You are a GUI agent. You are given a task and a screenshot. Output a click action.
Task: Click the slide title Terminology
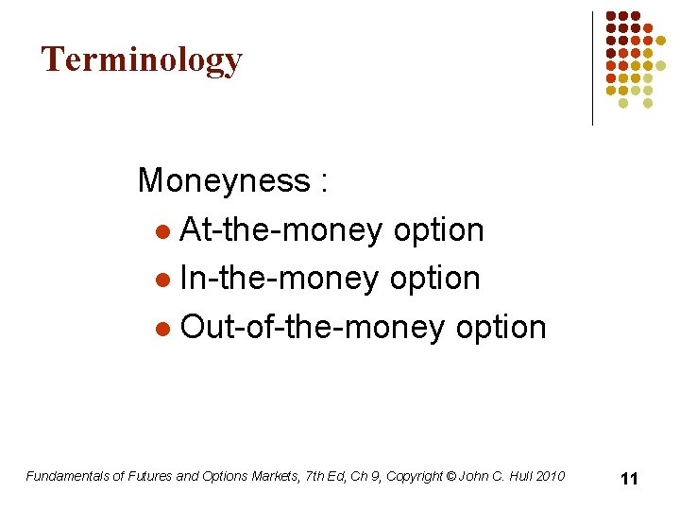(142, 59)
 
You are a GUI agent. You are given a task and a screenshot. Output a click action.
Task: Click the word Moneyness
(223, 180)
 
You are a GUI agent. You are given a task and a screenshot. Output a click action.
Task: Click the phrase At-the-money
(280, 229)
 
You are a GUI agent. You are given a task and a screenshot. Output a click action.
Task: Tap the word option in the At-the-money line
(438, 229)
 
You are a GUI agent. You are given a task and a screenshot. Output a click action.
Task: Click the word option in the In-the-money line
(436, 279)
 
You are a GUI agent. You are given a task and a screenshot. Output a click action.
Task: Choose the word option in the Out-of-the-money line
(501, 328)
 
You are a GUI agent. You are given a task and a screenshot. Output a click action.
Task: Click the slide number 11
(629, 479)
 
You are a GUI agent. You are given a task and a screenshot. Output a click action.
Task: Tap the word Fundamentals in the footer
(67, 476)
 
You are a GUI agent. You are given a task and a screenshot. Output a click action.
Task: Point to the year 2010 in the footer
(549, 476)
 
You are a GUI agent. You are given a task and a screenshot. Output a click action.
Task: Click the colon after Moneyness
(324, 182)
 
